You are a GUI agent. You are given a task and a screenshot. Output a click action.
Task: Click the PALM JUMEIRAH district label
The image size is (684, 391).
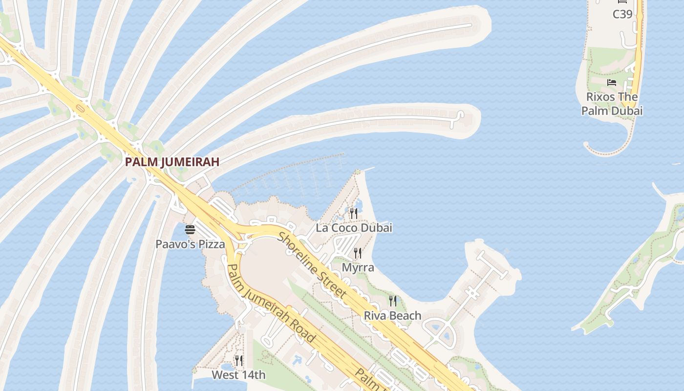172,162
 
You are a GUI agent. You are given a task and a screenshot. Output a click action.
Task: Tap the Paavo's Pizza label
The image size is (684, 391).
190,244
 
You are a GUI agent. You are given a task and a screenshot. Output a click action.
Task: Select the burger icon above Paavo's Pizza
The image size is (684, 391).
190,230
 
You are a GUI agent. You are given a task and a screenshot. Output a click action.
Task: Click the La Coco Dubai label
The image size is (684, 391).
354,228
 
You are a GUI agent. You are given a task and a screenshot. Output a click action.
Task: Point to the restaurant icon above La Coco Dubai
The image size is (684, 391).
354,213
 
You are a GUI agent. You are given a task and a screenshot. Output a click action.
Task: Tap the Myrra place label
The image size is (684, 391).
358,267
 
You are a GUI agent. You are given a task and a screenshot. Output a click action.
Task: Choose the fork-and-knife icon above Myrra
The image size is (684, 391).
358,253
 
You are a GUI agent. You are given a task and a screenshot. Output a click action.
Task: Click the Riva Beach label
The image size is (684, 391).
392,316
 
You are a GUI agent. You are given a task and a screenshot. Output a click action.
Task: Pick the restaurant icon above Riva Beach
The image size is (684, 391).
392,301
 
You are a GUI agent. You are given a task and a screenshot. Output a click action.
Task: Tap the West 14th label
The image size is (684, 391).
238,375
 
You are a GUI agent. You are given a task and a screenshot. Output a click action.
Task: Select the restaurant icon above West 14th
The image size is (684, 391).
238,361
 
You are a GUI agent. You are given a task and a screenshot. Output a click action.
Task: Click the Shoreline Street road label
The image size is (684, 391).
312,266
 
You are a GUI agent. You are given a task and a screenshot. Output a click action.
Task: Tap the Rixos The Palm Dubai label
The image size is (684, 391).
612,104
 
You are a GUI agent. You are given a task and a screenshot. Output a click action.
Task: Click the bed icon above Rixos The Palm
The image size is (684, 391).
611,83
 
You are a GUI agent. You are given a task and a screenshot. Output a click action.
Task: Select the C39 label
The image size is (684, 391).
622,14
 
